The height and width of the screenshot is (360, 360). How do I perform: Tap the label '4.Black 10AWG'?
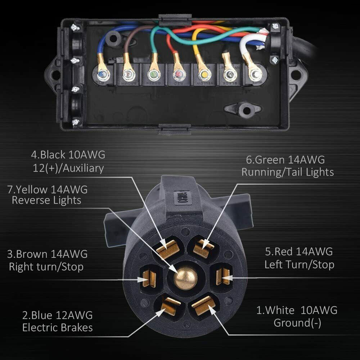68,155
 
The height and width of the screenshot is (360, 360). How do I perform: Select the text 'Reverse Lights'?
46,200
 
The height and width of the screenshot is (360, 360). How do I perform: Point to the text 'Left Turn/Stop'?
299,265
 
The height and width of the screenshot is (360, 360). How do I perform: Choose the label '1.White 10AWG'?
297,310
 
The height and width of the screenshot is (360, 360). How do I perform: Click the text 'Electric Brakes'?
58,328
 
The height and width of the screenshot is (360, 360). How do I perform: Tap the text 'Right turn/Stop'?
46,267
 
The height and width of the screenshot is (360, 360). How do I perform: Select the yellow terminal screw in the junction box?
204,75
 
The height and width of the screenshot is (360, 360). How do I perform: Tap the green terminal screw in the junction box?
153,75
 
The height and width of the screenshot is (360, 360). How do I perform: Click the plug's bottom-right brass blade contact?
204,305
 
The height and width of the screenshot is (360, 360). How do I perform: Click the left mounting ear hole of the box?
55,75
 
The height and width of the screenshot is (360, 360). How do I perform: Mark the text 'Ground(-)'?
297,323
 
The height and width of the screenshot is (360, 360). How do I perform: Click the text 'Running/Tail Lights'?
287,172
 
